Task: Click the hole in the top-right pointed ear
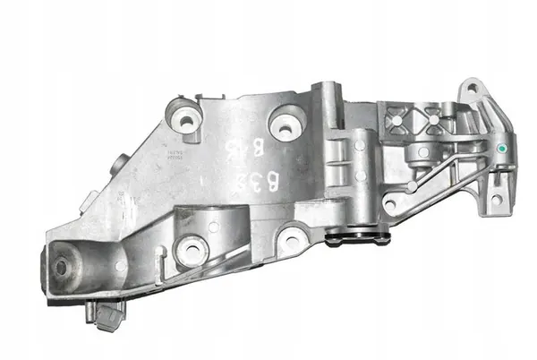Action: pos(468,90)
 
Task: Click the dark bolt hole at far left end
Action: pos(62,267)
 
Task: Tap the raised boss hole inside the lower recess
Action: pos(191,248)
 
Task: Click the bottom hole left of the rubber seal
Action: pos(292,238)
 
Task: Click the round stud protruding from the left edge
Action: pos(120,165)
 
